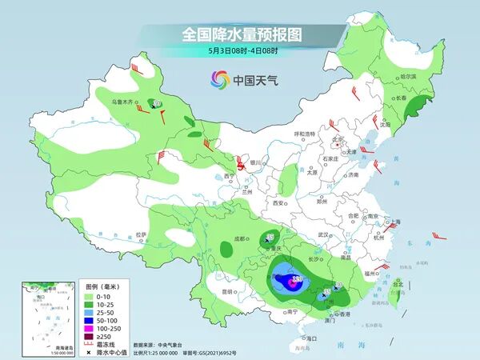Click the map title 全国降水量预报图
[242, 34]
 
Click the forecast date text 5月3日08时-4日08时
[242, 51]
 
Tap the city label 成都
[242, 238]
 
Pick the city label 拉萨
[141, 234]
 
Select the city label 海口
[311, 338]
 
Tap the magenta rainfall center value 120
[297, 279]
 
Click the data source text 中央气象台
[169, 345]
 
